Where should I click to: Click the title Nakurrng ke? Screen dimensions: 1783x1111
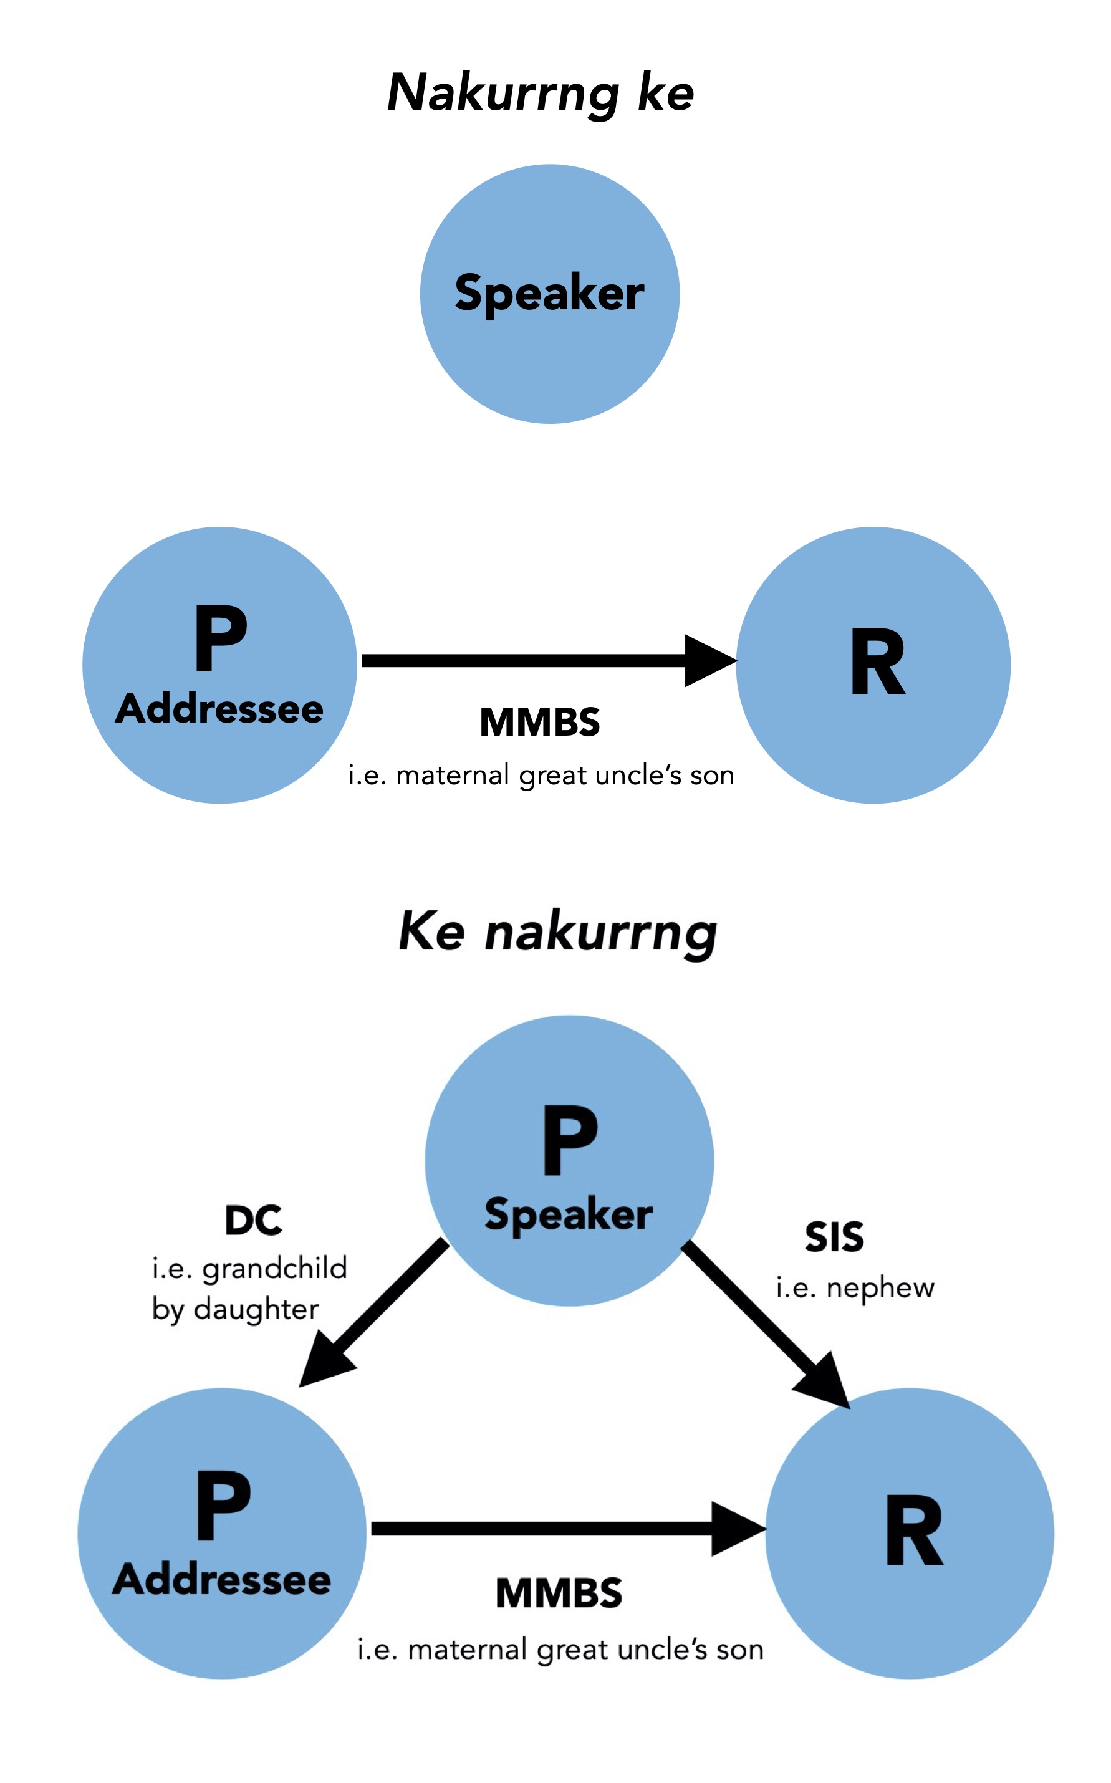[x=540, y=94]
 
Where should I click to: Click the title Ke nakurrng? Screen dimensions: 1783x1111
[x=557, y=931]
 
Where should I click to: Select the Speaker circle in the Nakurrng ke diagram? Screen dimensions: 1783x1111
[x=550, y=293]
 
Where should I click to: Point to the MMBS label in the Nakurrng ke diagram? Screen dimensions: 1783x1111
[x=540, y=722]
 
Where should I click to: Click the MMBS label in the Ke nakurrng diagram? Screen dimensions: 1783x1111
[x=559, y=1593]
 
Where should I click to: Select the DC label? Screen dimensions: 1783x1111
[x=252, y=1220]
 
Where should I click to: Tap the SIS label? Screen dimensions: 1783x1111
[x=834, y=1237]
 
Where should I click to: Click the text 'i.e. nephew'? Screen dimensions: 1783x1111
[x=855, y=1287]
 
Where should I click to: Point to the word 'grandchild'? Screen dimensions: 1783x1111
[x=274, y=1269]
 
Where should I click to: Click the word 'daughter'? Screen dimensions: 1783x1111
[x=256, y=1309]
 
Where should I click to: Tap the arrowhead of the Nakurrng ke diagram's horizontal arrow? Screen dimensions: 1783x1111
[x=708, y=660]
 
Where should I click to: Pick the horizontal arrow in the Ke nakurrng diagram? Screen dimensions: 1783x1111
[x=566, y=1529]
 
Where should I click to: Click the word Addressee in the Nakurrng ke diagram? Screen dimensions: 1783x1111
[x=219, y=709]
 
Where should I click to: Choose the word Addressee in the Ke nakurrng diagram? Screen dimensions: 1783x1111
[x=221, y=1580]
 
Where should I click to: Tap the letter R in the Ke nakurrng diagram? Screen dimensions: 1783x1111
[x=913, y=1531]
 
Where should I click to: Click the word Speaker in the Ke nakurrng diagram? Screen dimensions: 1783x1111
[x=568, y=1214]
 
